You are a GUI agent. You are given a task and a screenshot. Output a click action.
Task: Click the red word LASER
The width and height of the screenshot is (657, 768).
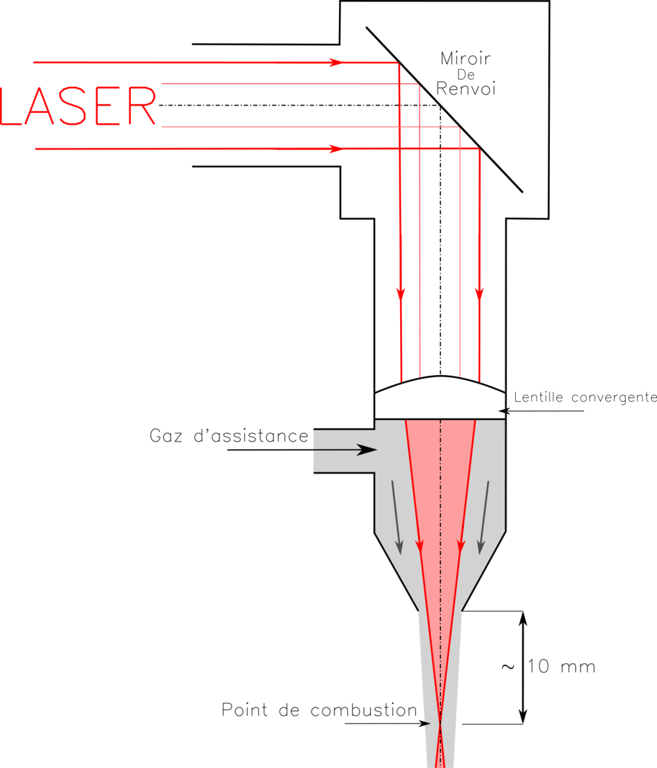(79, 106)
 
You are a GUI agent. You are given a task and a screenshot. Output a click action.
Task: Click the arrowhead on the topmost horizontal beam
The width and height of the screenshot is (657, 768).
(336, 62)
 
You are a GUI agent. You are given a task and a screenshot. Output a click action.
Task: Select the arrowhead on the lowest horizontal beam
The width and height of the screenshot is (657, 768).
(336, 149)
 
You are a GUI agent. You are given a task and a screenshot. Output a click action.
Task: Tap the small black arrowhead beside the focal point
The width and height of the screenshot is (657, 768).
(427, 724)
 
